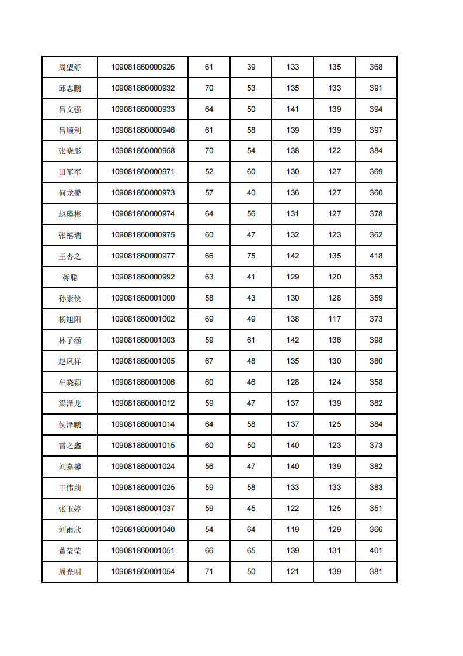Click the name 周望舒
click(69, 67)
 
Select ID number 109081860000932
click(143, 88)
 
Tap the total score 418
click(376, 256)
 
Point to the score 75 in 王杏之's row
click(251, 256)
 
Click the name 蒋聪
click(69, 277)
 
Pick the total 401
click(376, 551)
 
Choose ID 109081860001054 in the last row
click(143, 572)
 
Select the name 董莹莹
click(69, 551)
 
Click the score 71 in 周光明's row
click(209, 572)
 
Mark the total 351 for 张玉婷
click(376, 509)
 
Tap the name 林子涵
click(69, 340)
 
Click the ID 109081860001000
click(143, 298)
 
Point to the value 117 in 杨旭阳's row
click(335, 319)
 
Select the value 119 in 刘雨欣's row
click(293, 530)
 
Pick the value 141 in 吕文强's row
click(293, 109)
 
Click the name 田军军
click(69, 172)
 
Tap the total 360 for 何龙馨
click(376, 193)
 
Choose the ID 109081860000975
click(143, 235)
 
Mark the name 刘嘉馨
click(69, 467)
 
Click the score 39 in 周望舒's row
click(251, 67)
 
